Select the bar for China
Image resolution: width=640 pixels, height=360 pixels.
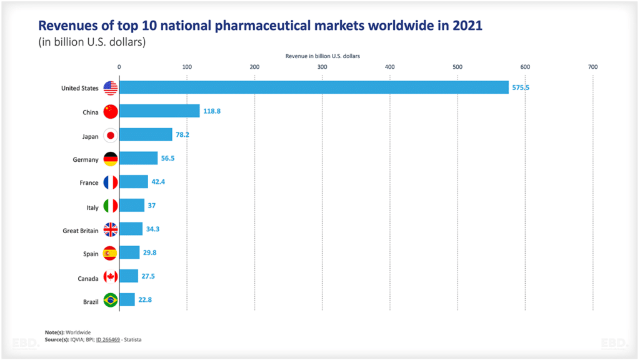tap(159, 111)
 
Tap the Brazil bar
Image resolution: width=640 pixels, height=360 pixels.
tap(127, 300)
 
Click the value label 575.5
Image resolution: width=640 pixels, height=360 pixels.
tap(521, 87)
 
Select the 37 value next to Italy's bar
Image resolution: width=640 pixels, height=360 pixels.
tap(152, 206)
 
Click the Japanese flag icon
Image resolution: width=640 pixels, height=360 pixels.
tap(111, 135)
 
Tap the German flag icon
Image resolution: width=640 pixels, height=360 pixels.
tap(111, 159)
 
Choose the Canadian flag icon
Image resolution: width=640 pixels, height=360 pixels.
tap(111, 276)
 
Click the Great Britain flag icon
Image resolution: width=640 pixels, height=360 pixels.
tap(111, 229)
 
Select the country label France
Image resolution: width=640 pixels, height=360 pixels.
tap(89, 183)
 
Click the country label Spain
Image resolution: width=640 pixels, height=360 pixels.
tap(91, 254)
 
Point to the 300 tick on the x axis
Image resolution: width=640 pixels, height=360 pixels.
tap(322, 67)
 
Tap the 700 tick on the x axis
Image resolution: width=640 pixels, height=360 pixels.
tap(592, 67)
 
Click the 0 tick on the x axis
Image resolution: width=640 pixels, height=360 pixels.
tap(119, 67)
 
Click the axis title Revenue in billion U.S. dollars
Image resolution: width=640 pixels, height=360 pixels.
tap(322, 56)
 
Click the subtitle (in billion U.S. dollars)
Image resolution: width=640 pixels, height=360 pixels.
tap(92, 42)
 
